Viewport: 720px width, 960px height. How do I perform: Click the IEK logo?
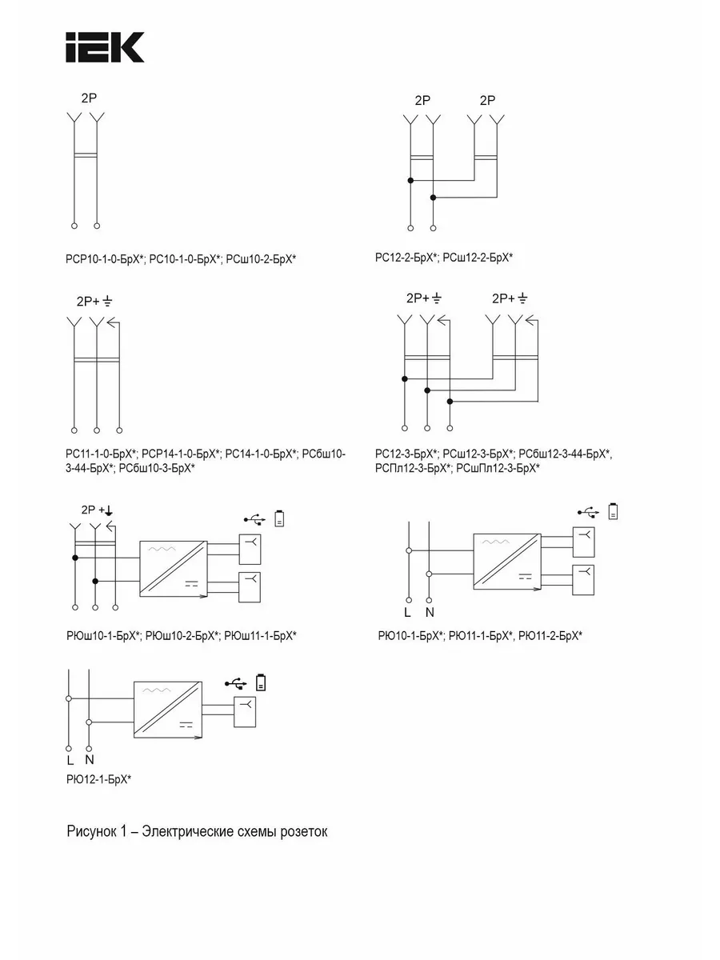tap(105, 47)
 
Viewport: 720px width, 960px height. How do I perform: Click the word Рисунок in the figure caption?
tap(92, 831)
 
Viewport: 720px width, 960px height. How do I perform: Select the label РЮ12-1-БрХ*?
tap(98, 779)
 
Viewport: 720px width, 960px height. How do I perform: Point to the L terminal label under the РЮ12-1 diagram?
tap(70, 761)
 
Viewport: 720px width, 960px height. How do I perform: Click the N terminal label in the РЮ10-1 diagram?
tap(430, 613)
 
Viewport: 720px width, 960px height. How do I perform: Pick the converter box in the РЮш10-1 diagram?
tap(174, 569)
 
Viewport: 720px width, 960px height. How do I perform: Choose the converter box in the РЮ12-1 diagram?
tap(168, 710)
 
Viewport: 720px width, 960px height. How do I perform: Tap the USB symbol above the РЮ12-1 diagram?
tap(236, 683)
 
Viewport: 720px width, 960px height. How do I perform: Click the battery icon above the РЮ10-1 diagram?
tap(614, 511)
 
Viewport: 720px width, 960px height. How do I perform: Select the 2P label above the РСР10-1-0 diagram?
tap(89, 98)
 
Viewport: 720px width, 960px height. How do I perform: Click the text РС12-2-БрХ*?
tap(406, 258)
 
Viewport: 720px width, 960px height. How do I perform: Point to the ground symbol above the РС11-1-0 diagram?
tap(107, 301)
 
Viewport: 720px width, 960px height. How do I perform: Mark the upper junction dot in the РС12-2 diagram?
tap(410, 180)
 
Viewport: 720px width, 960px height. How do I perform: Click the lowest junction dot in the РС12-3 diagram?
tap(450, 402)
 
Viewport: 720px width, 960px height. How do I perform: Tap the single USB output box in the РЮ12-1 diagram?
tap(245, 713)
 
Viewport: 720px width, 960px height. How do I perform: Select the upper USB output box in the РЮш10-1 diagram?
tap(250, 550)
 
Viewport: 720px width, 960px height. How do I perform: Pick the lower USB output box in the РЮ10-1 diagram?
tap(584, 580)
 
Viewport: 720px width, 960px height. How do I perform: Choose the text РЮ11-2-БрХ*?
tap(550, 635)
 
